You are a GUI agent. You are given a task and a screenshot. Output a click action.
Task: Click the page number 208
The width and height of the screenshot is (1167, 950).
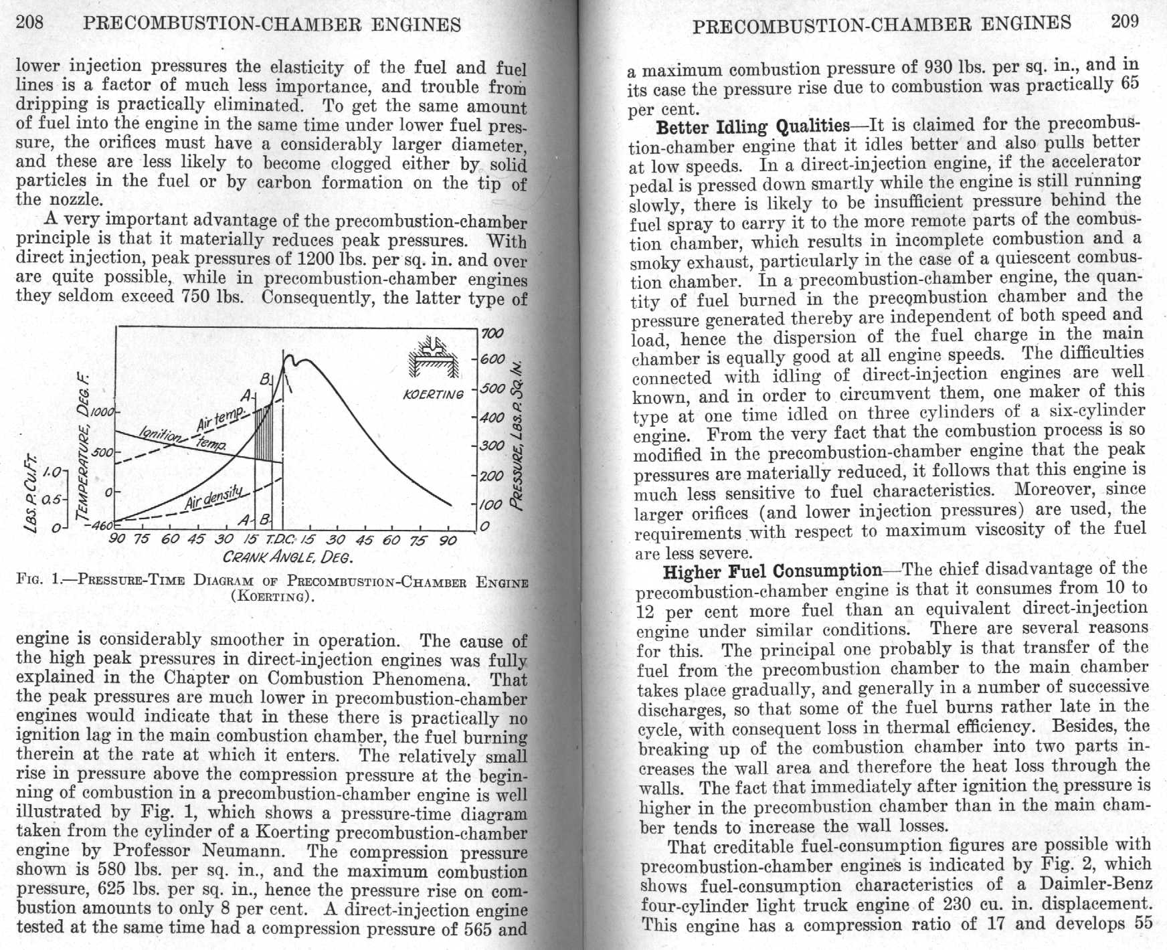[x=29, y=23]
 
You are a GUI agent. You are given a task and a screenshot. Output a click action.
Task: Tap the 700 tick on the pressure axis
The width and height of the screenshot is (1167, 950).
[x=492, y=332]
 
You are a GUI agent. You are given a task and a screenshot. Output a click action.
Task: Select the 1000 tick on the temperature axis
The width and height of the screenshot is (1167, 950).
[x=105, y=412]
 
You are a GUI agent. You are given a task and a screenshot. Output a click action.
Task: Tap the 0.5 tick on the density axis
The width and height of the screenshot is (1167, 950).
[x=52, y=500]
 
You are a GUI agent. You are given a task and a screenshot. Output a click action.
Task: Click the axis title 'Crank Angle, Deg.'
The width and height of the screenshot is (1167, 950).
[x=288, y=557]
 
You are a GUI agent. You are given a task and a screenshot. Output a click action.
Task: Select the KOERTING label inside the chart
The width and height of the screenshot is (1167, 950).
[x=433, y=394]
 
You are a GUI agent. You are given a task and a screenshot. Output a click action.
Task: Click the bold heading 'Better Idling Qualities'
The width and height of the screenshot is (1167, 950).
[x=752, y=126]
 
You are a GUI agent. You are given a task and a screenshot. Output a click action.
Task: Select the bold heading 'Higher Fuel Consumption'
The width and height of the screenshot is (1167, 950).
[x=773, y=572]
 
